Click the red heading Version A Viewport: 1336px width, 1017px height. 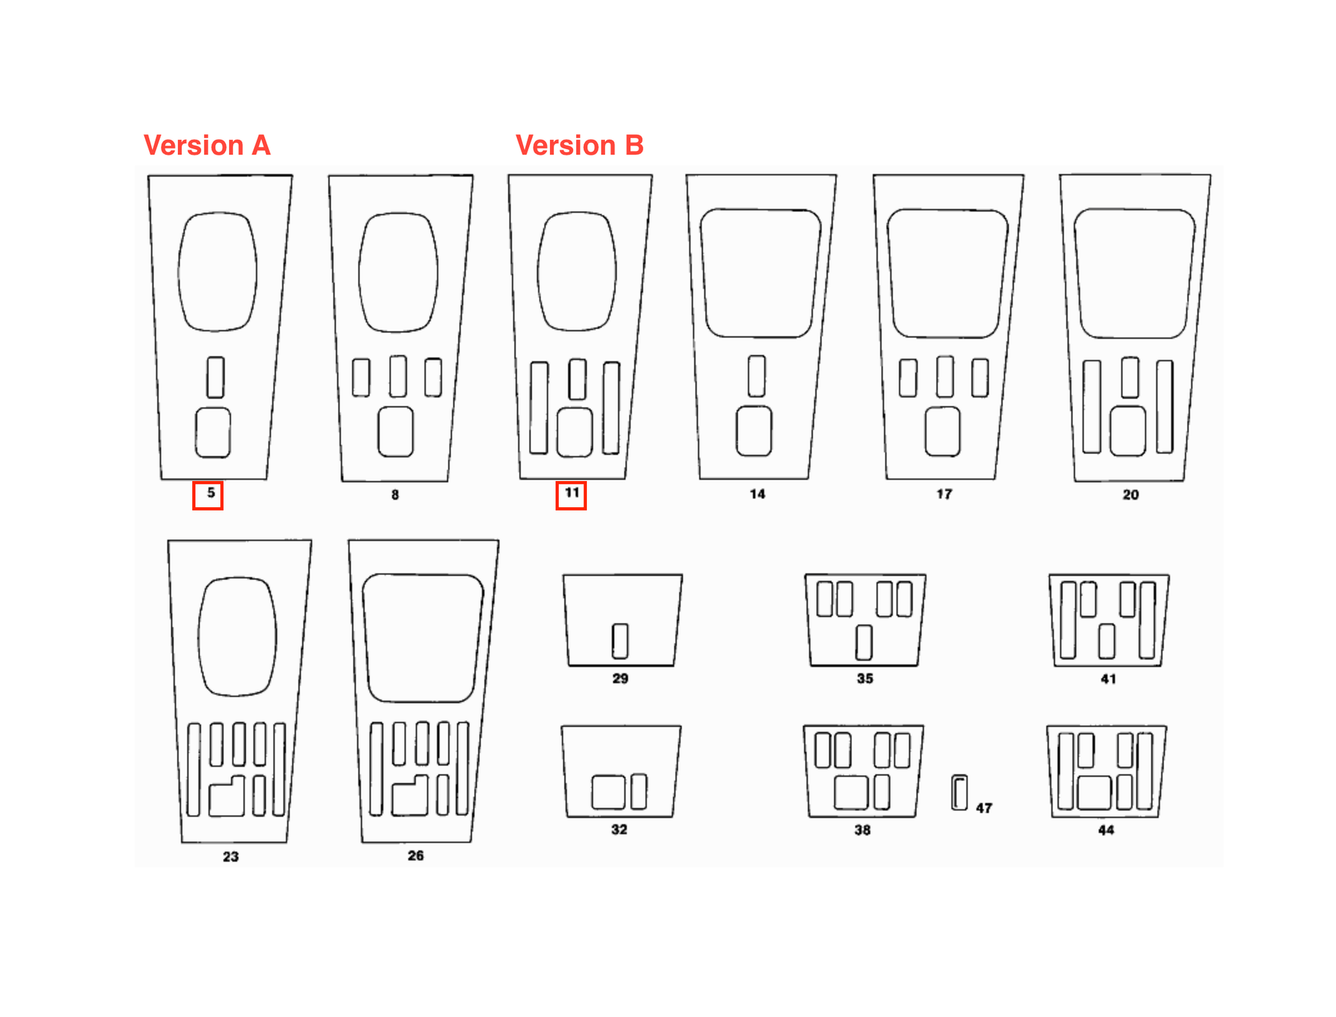tap(207, 145)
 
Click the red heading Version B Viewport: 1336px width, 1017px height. tap(579, 145)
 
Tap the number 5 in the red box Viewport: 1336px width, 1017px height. tap(211, 493)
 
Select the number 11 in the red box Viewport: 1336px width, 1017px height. tap(572, 493)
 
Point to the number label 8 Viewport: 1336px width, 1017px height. tap(395, 495)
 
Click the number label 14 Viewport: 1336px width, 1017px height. tap(757, 494)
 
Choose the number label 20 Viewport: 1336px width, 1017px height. tap(1131, 495)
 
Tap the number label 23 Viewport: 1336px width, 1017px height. tap(231, 856)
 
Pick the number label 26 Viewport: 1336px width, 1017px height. tap(415, 856)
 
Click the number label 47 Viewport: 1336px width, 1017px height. tap(984, 808)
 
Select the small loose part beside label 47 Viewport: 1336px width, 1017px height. tap(959, 793)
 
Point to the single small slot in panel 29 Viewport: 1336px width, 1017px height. tap(620, 641)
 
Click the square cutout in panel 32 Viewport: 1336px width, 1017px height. tap(608, 792)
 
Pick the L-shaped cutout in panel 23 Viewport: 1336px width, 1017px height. tap(227, 796)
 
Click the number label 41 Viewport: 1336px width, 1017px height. tap(1108, 679)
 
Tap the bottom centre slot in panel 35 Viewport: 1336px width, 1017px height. tap(864, 642)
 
